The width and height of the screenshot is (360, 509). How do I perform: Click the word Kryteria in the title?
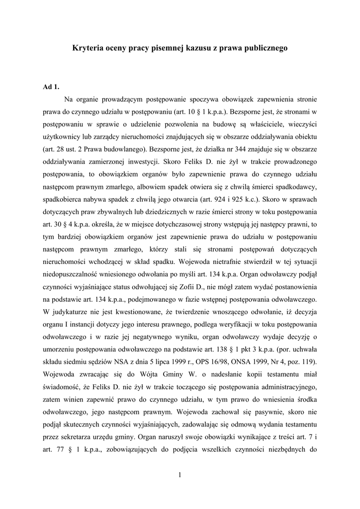pyautogui.click(x=89, y=48)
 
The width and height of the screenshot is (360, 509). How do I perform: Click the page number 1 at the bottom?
pyautogui.click(x=180, y=475)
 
